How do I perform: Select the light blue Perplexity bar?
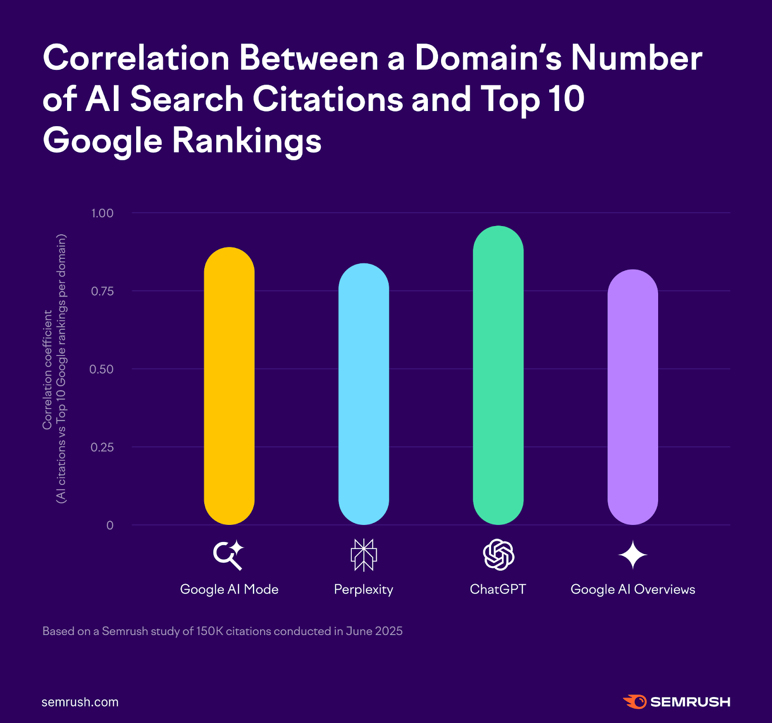pos(363,394)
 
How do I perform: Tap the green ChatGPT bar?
pos(498,375)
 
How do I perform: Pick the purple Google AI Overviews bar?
pos(633,397)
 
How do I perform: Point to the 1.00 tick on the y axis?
pos(102,213)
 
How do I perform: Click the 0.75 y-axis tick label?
pos(102,291)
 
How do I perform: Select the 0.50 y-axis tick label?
pos(101,369)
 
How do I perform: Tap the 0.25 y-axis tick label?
pos(102,447)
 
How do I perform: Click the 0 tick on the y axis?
pos(110,525)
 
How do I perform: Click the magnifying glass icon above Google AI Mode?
pos(228,555)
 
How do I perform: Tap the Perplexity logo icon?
pos(363,555)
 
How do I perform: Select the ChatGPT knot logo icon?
pos(498,555)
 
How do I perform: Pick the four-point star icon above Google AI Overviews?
pos(633,555)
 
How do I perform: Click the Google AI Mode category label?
pos(229,589)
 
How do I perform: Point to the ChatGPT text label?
pos(498,589)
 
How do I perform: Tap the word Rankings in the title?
pos(247,141)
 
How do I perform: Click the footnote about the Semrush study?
pos(222,631)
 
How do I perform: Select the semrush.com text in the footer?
pos(80,702)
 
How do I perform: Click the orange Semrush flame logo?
pos(634,702)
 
